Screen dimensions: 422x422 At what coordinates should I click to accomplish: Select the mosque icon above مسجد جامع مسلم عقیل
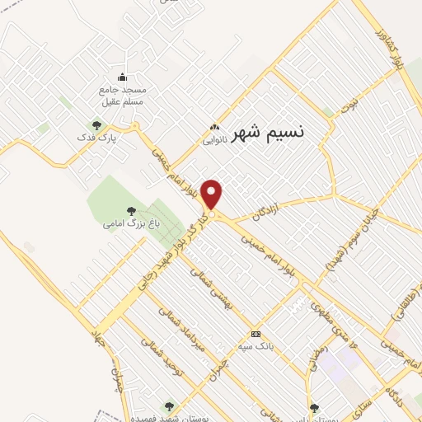click(123, 78)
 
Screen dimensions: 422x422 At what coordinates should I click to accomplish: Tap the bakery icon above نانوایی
click(215, 128)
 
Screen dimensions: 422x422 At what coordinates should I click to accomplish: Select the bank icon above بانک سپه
click(256, 334)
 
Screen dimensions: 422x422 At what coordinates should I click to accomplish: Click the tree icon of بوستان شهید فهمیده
click(169, 406)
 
